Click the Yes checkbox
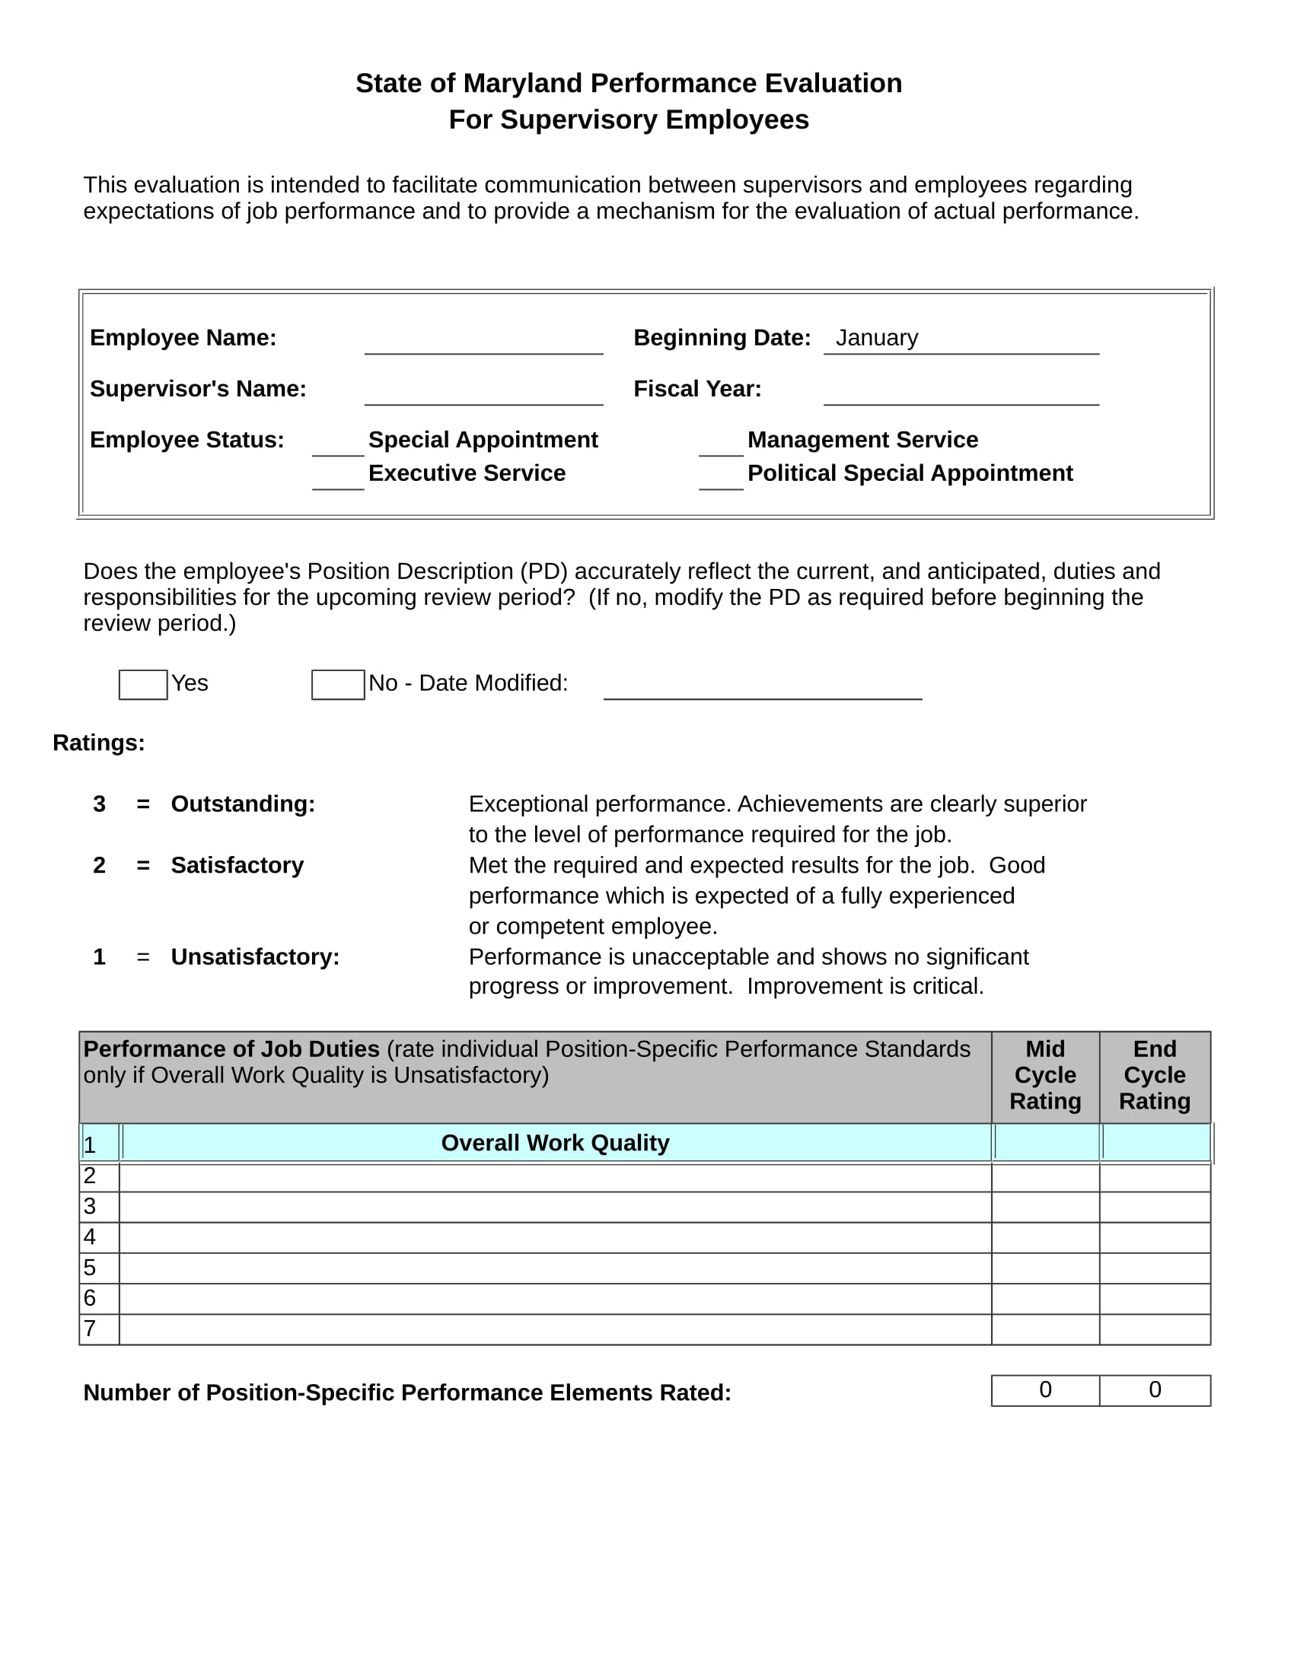pos(142,685)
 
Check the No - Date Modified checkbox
pos(337,685)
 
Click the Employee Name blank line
pos(483,341)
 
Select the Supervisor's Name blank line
pos(483,392)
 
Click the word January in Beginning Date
pos(876,338)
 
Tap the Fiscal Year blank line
pos(961,392)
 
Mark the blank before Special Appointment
pos(337,444)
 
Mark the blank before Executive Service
pos(337,478)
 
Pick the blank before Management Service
pos(721,444)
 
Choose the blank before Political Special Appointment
pos(721,478)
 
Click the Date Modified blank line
pos(762,686)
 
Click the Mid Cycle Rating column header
pos(1045,1075)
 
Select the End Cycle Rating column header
pos(1155,1075)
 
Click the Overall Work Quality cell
pos(555,1143)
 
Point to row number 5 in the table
pos(91,1268)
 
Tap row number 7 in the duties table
pos(91,1329)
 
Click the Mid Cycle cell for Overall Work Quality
pos(1046,1143)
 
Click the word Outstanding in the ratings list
pos(242,804)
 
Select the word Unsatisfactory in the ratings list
pos(254,957)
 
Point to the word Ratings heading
pos(98,743)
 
